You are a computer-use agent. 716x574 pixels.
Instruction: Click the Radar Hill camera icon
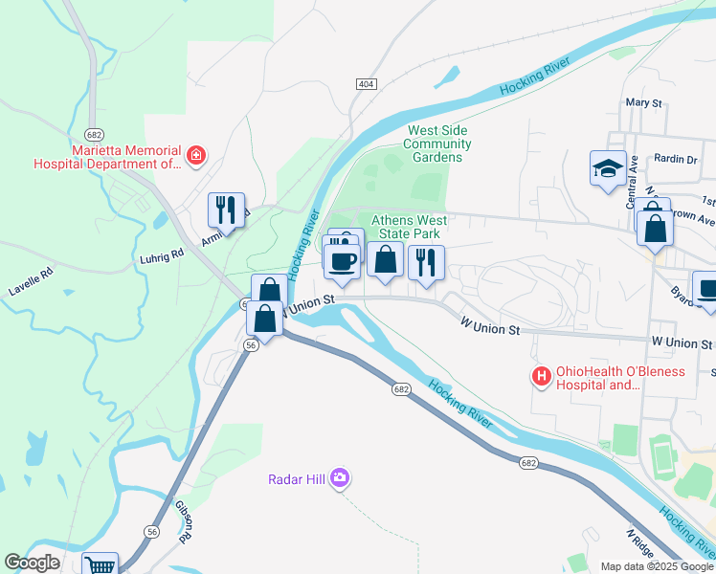coord(339,477)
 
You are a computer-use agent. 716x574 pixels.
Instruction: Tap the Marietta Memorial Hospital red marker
coord(196,155)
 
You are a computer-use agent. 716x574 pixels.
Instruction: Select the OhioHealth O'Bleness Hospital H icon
coord(542,377)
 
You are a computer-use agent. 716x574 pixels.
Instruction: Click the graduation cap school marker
coord(607,168)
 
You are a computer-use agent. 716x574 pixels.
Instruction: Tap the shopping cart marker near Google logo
coord(100,565)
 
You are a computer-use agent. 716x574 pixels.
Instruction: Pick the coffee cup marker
coord(342,260)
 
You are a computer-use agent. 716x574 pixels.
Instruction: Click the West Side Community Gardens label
coord(437,143)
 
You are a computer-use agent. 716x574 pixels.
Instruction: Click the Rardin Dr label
coord(676,159)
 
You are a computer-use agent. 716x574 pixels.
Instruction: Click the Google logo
coord(32,563)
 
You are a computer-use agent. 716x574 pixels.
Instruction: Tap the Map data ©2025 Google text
coord(656,566)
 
